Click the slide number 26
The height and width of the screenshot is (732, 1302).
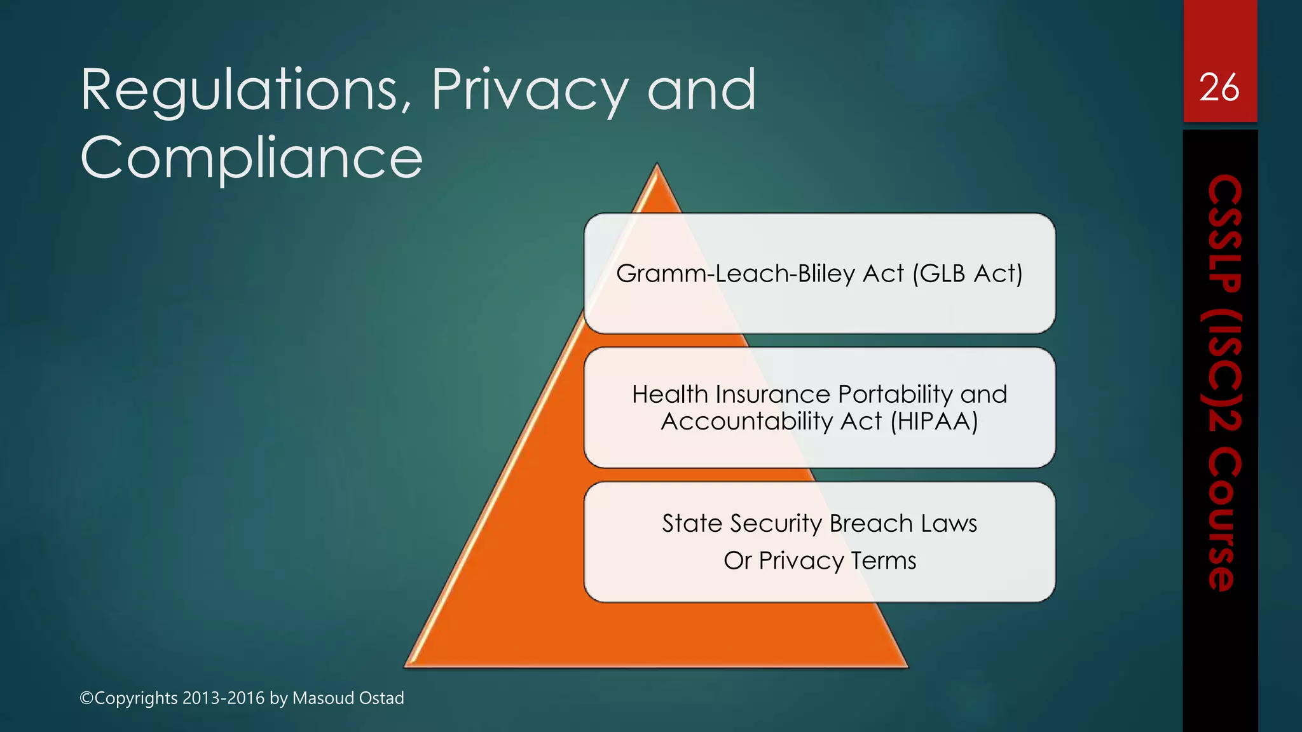tap(1219, 88)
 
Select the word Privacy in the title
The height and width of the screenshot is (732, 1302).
tap(530, 91)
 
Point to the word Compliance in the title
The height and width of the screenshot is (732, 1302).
tap(252, 158)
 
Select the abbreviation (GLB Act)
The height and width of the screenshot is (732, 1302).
tap(967, 274)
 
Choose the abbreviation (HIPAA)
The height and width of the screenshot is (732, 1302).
tap(933, 421)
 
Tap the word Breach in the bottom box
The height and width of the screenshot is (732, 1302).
tap(871, 524)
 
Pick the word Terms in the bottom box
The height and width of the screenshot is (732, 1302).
tap(883, 561)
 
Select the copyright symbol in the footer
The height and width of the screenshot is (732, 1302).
tap(86, 698)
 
